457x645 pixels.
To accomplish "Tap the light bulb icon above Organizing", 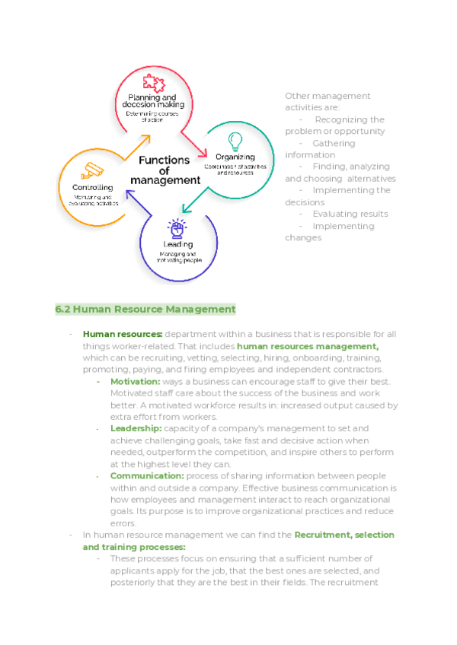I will [235, 141].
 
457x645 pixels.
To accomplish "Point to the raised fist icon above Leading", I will [177, 227].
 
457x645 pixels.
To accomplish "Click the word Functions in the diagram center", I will [164, 160].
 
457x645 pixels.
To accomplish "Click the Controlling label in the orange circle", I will [93, 187].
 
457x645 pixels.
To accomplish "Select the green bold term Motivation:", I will [135, 381].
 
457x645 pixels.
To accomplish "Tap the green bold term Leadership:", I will [136, 429].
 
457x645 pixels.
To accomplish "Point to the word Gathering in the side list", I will [334, 143].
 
